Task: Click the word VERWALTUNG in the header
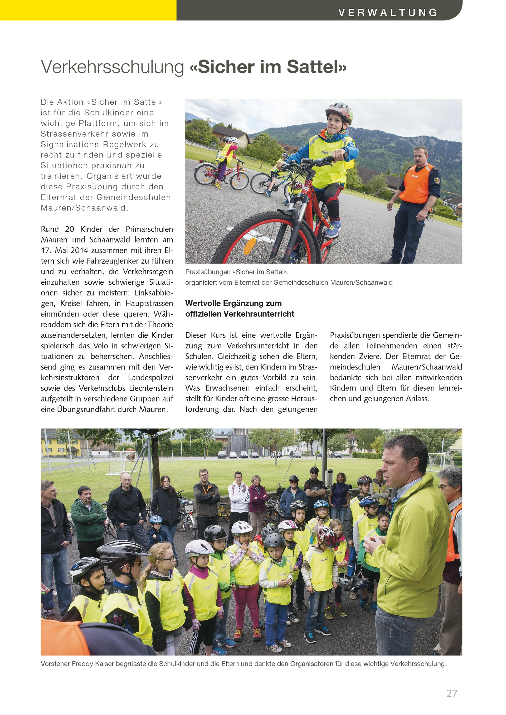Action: (388, 12)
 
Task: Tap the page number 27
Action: (452, 693)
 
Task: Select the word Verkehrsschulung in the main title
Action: (113, 67)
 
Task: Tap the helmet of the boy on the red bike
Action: (339, 112)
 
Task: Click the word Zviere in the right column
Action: (369, 356)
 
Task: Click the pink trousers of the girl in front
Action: (246, 604)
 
